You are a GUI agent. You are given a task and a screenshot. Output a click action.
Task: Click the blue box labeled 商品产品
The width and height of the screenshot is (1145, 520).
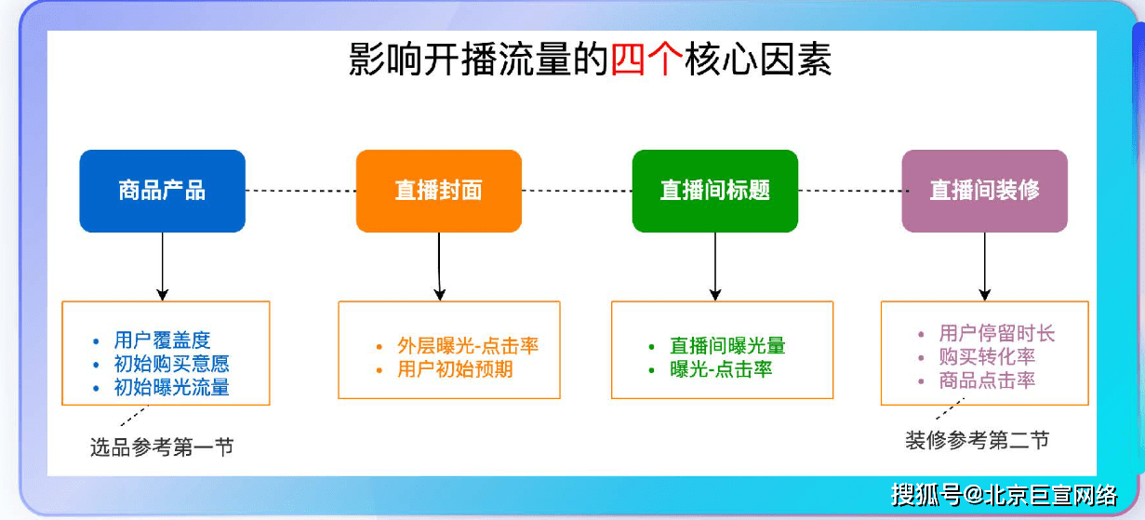(162, 191)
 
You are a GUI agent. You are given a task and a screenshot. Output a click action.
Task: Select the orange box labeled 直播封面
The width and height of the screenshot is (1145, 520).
(438, 191)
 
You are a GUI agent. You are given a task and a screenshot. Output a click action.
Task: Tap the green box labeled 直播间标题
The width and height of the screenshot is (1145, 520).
(714, 191)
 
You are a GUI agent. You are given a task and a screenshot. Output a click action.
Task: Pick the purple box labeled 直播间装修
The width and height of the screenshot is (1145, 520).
(984, 191)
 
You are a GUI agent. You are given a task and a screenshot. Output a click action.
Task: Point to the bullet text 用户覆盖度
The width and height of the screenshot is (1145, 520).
(162, 340)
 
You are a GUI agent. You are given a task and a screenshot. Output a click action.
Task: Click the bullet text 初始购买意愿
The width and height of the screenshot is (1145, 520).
(171, 364)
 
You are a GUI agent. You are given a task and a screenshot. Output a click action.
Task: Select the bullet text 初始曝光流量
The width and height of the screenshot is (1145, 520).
(171, 387)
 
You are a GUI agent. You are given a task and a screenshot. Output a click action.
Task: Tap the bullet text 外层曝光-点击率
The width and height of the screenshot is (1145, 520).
(468, 346)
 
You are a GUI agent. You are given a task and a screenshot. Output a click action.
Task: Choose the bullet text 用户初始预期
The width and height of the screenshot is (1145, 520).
(455, 369)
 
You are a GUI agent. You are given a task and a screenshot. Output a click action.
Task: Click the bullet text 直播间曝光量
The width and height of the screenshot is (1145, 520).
(727, 346)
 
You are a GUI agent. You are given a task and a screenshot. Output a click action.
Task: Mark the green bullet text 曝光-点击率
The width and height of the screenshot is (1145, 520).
(721, 369)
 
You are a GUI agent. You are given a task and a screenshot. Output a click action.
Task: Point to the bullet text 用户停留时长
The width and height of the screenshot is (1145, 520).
(997, 333)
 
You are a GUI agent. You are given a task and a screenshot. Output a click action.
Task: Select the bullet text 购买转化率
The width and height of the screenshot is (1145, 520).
(987, 356)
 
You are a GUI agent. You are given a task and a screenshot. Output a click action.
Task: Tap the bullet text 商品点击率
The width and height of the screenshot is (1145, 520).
(987, 380)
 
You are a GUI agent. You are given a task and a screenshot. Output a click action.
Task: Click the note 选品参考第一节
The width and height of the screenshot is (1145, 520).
(161, 447)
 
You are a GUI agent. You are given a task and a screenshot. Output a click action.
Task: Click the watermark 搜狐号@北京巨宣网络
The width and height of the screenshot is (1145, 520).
(1004, 494)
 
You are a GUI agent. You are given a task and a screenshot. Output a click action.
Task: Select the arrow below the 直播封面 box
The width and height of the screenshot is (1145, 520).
(438, 266)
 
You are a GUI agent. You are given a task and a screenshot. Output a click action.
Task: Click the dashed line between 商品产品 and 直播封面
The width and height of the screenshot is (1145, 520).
(300, 191)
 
